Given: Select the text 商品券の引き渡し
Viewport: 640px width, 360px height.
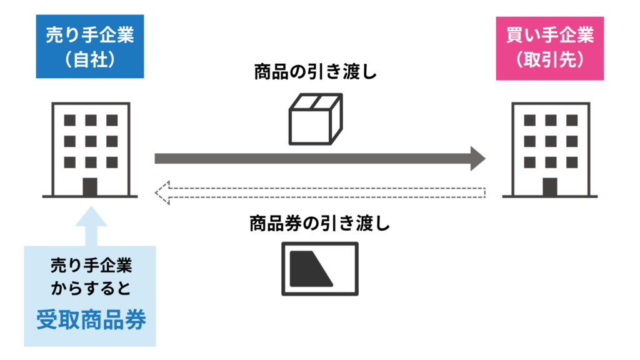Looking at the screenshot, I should (319, 223).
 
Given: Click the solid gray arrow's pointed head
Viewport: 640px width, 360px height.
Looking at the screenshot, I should (478, 158).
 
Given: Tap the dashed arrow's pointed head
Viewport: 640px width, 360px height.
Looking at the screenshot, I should (161, 192).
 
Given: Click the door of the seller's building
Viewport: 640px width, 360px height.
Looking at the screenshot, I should (91, 186).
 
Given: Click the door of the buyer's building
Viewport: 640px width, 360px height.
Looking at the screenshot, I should (550, 186).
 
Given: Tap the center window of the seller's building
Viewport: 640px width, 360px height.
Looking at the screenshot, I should (91, 141).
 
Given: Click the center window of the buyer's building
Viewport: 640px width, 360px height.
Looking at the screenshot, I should (550, 141).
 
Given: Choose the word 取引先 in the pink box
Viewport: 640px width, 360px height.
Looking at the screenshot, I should (550, 60).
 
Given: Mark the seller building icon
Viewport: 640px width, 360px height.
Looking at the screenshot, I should (91, 150).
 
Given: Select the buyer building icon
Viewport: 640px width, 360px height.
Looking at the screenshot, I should (550, 150).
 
